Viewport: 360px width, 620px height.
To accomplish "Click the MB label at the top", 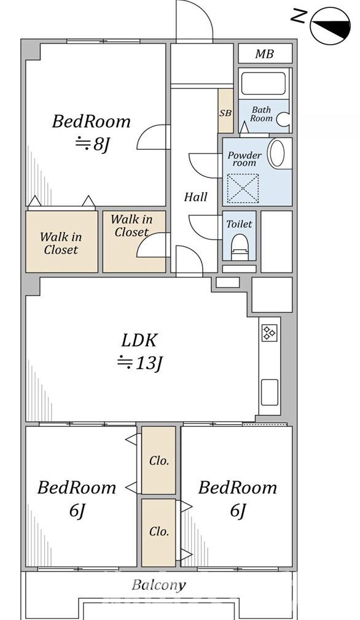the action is point(264,54).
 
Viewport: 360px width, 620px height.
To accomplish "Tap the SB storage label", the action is point(225,113).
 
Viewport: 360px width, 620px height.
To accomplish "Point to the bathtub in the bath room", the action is point(264,83).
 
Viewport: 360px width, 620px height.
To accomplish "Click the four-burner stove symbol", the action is point(270,333).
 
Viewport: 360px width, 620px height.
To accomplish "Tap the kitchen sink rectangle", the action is point(270,392).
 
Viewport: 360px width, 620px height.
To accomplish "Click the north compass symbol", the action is point(331,25).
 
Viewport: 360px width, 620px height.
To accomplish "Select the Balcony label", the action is point(158,585).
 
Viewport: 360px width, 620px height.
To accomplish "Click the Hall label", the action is point(195,197).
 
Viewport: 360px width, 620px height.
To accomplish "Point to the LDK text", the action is point(139,340).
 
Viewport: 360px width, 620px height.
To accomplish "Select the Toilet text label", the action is point(239,224).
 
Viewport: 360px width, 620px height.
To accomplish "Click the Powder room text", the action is point(245,158).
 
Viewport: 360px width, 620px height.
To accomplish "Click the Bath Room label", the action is point(262,114).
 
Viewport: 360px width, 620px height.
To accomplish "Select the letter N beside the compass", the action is point(299,16).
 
